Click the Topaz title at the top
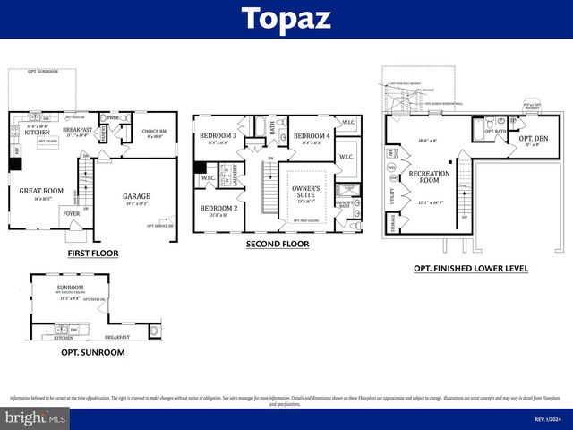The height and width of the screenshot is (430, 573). click(286, 19)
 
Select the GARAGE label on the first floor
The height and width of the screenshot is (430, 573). click(136, 196)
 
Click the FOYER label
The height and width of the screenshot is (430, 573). click(71, 214)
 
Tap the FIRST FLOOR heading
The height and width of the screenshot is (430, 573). click(92, 254)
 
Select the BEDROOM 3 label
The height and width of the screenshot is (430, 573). click(218, 136)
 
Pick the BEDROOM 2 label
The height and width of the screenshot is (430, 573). click(218, 208)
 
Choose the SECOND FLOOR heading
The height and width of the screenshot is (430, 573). click(278, 244)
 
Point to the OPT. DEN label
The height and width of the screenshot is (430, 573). click(522, 139)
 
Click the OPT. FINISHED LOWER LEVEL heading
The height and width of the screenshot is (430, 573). click(470, 268)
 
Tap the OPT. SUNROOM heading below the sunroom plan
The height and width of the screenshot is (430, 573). click(92, 352)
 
